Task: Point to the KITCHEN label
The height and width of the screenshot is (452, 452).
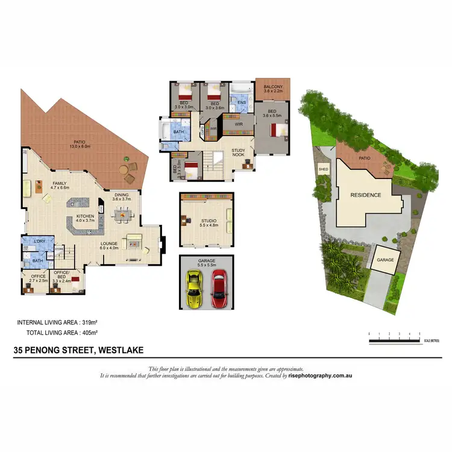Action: click(84, 217)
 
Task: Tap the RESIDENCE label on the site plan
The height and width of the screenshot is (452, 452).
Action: click(366, 195)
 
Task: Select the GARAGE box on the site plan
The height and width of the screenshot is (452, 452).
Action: click(385, 260)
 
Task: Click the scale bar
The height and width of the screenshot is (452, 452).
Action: click(394, 342)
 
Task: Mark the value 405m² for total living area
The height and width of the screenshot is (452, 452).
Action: click(90, 332)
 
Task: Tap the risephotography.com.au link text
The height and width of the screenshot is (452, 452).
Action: click(319, 375)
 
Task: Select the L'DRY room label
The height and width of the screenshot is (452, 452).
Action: click(40, 242)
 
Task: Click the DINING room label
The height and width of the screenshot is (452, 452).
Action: click(122, 194)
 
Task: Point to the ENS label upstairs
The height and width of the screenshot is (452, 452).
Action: click(241, 103)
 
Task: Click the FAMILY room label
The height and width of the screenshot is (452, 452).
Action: click(59, 184)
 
